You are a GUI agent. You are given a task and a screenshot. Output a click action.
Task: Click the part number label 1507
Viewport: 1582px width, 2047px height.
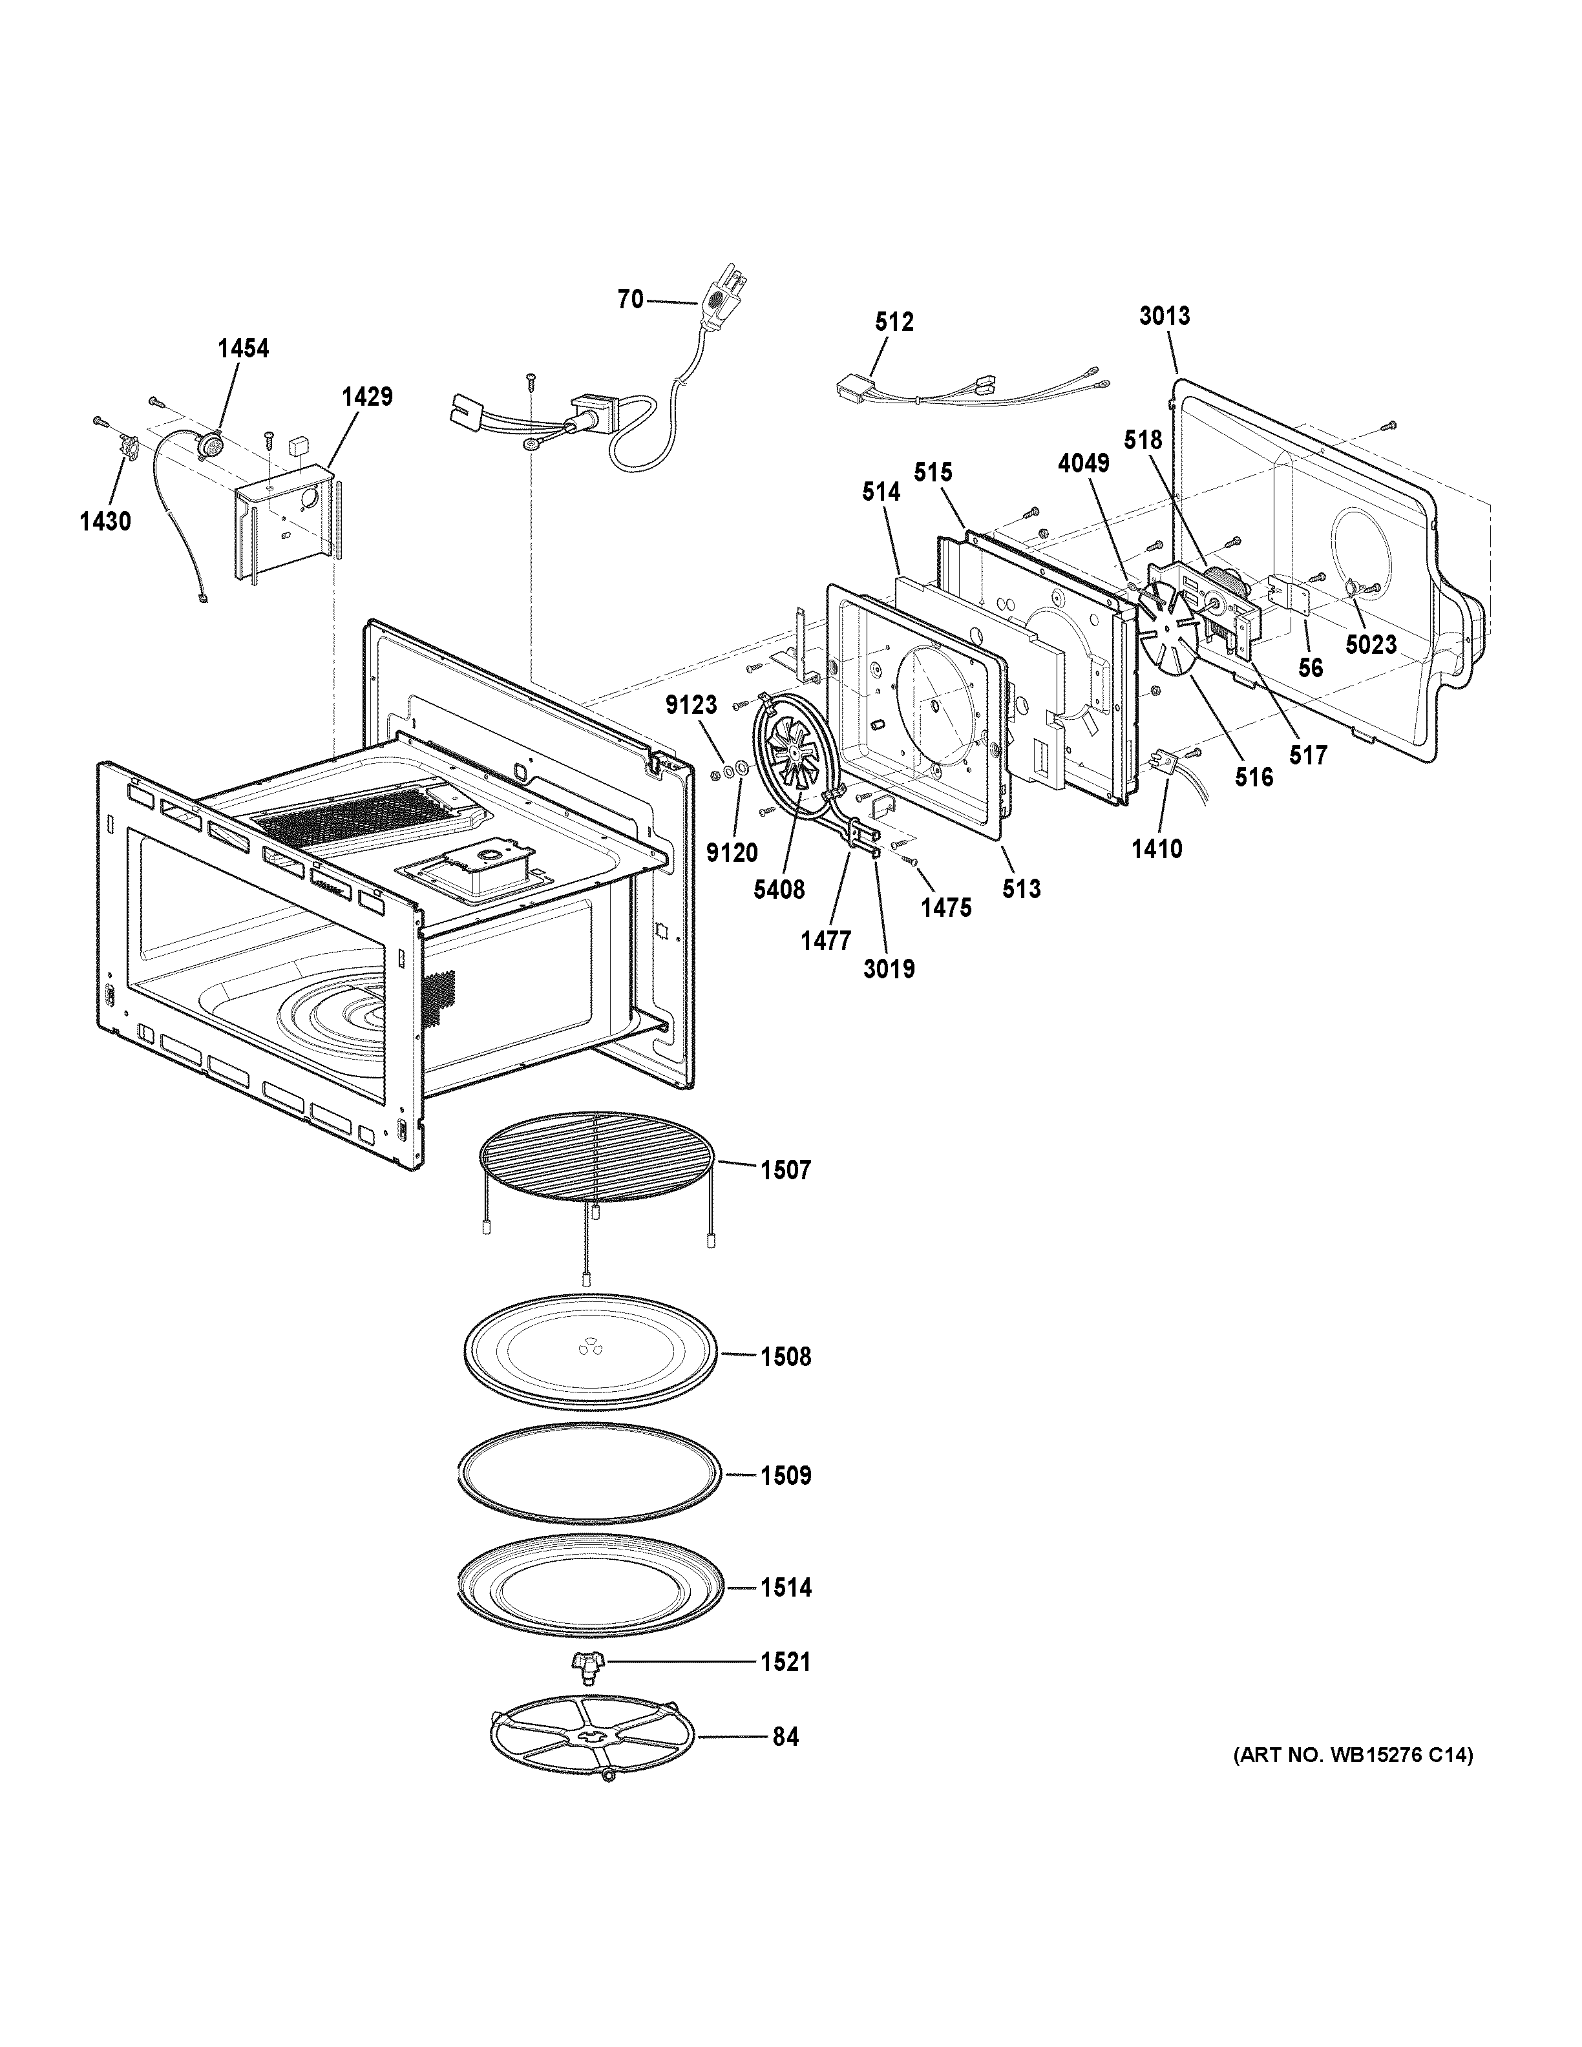pos(785,1170)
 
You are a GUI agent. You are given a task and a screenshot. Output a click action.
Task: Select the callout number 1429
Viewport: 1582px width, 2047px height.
pos(366,397)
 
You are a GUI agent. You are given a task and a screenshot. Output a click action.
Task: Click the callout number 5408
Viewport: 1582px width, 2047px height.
pos(779,890)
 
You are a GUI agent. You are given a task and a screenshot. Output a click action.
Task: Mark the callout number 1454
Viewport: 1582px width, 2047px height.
pos(243,349)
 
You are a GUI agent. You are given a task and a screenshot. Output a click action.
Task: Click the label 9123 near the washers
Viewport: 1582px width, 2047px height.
pos(691,706)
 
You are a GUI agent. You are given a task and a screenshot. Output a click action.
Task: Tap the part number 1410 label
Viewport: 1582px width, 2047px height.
pos(1157,849)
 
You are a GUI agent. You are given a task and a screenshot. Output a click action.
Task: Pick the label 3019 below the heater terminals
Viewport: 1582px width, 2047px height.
pos(889,968)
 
